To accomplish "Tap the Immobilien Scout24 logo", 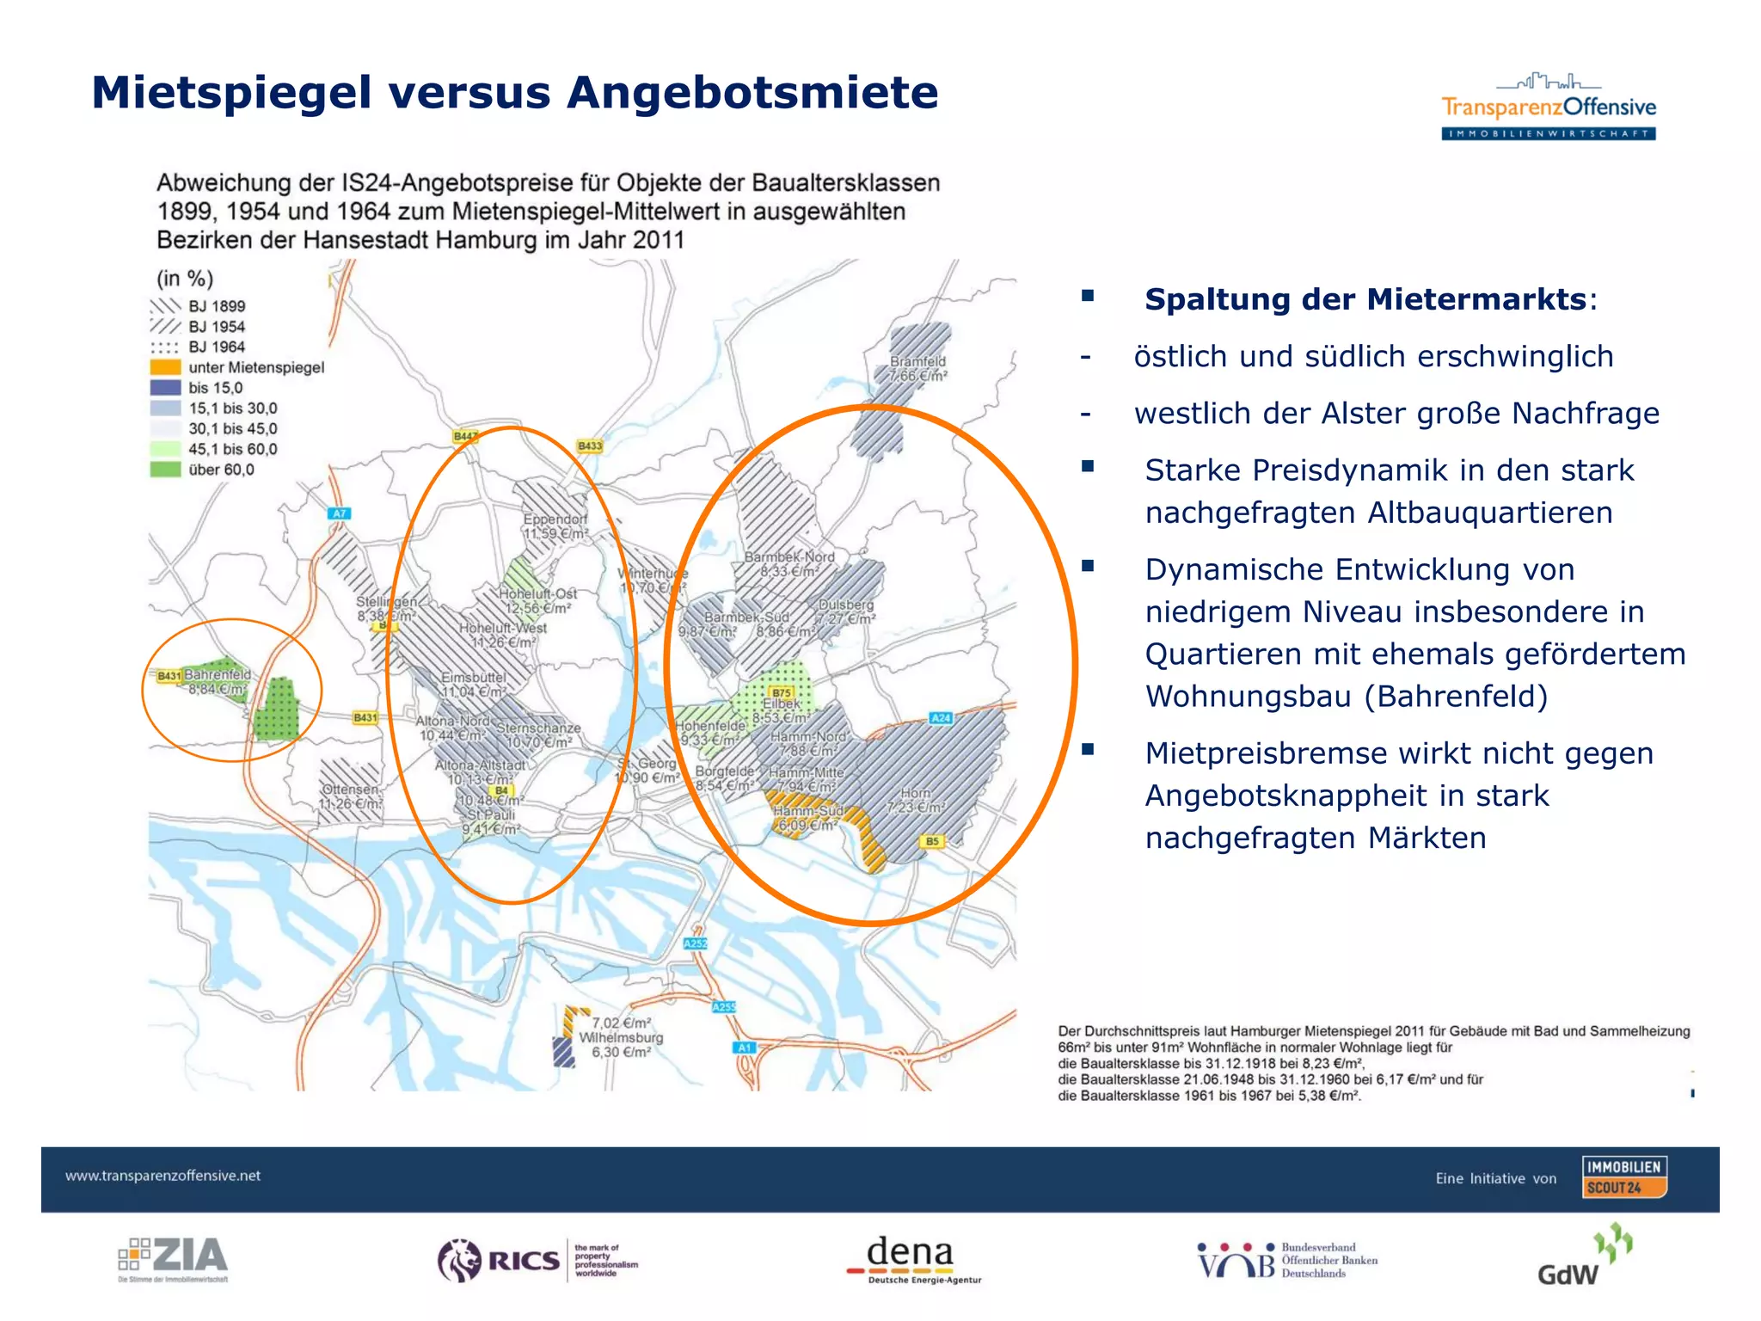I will (1624, 1177).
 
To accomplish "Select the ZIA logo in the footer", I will (173, 1258).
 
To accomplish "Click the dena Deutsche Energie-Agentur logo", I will (911, 1259).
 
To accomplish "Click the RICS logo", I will (537, 1260).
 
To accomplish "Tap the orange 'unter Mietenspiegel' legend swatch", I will (165, 367).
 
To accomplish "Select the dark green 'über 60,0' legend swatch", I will (165, 470).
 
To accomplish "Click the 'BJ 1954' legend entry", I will (216, 327).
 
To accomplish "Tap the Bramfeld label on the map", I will (917, 362).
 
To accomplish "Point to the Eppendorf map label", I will (555, 519).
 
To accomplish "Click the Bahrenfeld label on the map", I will (218, 675).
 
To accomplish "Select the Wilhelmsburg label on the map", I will (621, 1037).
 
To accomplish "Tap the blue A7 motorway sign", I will (340, 513).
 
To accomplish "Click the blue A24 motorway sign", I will (941, 718).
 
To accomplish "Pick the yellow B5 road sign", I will (932, 841).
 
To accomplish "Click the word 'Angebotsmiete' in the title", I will (752, 93).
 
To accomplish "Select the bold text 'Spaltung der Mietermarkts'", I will (1365, 299).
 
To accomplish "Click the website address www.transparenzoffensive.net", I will (163, 1176).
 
